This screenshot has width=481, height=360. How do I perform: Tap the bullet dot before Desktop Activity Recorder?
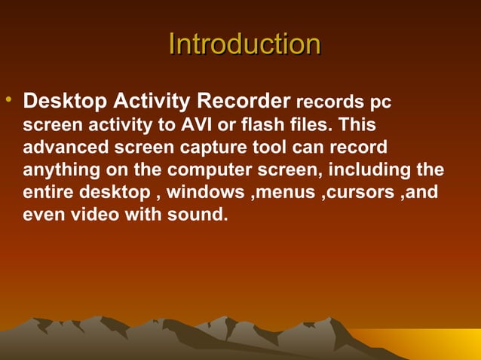[x=8, y=101]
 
